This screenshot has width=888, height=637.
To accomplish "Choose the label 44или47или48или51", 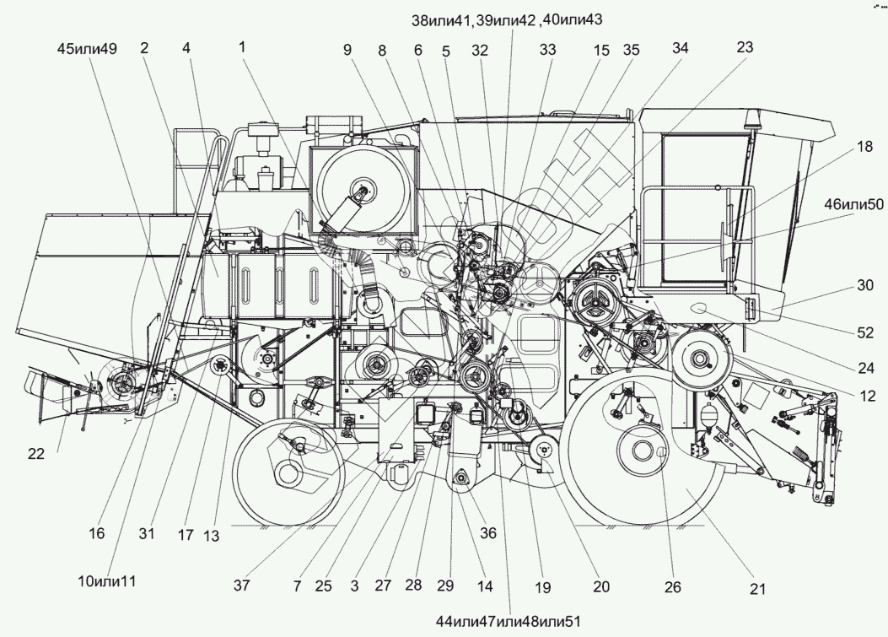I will [x=509, y=620].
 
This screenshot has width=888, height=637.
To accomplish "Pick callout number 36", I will [x=488, y=532].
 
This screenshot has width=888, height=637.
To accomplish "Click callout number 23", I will [x=745, y=48].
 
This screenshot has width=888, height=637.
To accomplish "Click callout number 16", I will [x=98, y=532].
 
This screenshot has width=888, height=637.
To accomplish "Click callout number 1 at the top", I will [x=242, y=48].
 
